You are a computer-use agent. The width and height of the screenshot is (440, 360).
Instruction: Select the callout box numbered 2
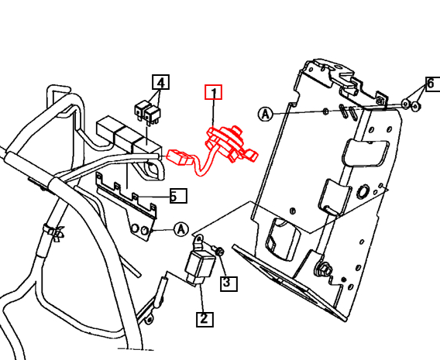203,317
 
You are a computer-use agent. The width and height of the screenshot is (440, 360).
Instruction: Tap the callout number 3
227,283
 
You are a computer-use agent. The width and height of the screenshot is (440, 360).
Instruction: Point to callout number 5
177,196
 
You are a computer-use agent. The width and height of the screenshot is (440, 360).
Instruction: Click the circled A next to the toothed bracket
180,229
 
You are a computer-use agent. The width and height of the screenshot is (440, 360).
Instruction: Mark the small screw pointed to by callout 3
218,252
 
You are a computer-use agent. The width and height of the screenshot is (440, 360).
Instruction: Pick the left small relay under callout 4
142,108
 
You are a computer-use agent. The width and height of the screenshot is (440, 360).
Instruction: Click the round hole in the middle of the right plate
363,191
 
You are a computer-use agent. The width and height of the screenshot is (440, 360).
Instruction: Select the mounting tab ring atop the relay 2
198,238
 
